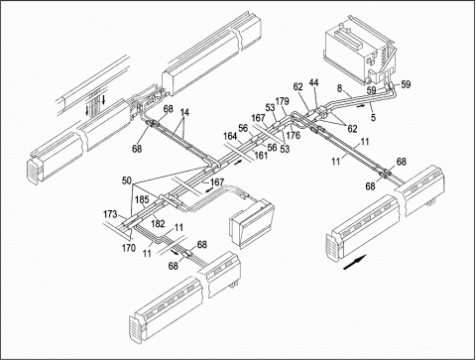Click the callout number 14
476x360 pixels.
[184, 112]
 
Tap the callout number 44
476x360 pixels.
[313, 83]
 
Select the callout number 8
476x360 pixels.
[339, 88]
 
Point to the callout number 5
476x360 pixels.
[373, 117]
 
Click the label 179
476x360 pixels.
[283, 101]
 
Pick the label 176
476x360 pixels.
[293, 135]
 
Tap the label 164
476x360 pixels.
[230, 136]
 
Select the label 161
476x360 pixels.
[261, 155]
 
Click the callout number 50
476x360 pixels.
[127, 180]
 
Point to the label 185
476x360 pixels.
[142, 200]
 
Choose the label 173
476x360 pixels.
[110, 214]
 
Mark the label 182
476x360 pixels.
[158, 224]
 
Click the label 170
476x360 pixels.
[129, 247]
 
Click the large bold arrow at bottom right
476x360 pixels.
[355, 262]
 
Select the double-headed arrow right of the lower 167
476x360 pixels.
[208, 190]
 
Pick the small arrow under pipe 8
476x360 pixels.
[361, 106]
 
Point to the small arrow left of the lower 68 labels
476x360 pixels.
[175, 252]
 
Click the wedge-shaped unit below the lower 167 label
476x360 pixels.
[253, 223]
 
